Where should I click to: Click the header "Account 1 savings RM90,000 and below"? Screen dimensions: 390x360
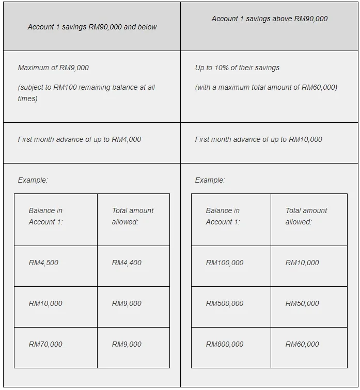[92, 27]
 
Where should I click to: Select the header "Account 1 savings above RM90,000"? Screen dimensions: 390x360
[269, 19]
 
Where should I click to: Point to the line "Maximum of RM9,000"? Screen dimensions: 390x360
[53, 68]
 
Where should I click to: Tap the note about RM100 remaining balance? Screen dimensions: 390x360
[86, 93]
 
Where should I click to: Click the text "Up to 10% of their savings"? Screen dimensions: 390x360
[237, 68]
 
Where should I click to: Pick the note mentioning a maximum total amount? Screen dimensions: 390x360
[266, 87]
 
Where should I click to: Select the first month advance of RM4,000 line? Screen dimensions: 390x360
[79, 139]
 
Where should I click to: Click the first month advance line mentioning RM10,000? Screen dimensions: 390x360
[258, 139]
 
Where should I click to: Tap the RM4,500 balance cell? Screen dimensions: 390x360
[44, 263]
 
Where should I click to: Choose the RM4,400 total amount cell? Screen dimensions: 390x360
[127, 263]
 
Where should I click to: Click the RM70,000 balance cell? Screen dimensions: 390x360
[45, 344]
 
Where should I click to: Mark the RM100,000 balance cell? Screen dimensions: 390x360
[225, 263]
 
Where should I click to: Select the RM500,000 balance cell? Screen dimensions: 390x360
[225, 303]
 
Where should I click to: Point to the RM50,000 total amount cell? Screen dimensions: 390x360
[302, 303]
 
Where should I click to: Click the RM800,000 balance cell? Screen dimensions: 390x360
[225, 344]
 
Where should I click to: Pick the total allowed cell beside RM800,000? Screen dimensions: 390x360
[302, 344]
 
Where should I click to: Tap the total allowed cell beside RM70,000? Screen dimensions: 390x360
[127, 344]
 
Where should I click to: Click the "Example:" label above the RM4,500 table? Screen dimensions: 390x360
[33, 180]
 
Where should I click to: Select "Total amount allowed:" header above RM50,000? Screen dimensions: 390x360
[306, 216]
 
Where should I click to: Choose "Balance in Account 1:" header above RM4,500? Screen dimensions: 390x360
[45, 216]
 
